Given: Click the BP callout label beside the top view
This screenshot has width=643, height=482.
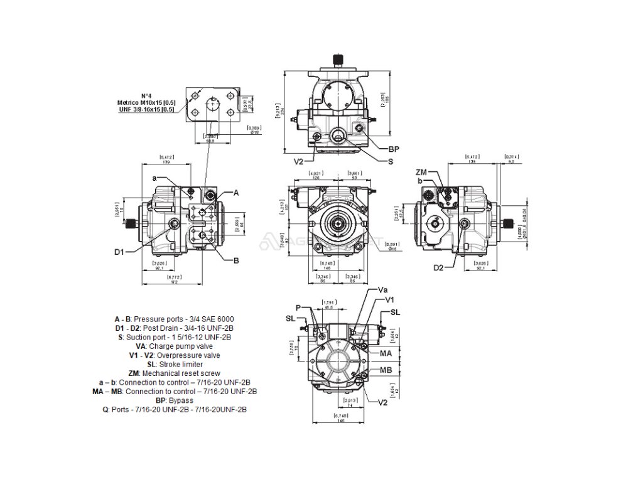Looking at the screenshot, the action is [394, 149].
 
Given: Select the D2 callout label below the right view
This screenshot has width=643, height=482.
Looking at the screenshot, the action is [438, 268].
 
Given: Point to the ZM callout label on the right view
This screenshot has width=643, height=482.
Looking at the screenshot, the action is [422, 172].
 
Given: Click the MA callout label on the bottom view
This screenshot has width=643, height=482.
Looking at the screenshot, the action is [386, 354].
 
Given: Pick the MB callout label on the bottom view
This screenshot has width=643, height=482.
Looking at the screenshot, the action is [386, 370].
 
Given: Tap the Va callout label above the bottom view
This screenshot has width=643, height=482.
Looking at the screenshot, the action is [382, 290].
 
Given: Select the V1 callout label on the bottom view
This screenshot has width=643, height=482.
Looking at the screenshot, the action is [389, 299].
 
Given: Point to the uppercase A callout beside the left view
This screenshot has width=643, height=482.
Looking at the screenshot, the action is [237, 193].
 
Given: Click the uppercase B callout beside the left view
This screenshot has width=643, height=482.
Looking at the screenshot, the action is [237, 260].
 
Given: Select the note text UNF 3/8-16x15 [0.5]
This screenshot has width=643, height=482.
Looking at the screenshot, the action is [146, 109].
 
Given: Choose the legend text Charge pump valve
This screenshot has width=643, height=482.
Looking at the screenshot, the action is [183, 346].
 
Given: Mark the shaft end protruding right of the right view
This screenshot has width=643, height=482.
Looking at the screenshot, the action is [514, 223].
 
